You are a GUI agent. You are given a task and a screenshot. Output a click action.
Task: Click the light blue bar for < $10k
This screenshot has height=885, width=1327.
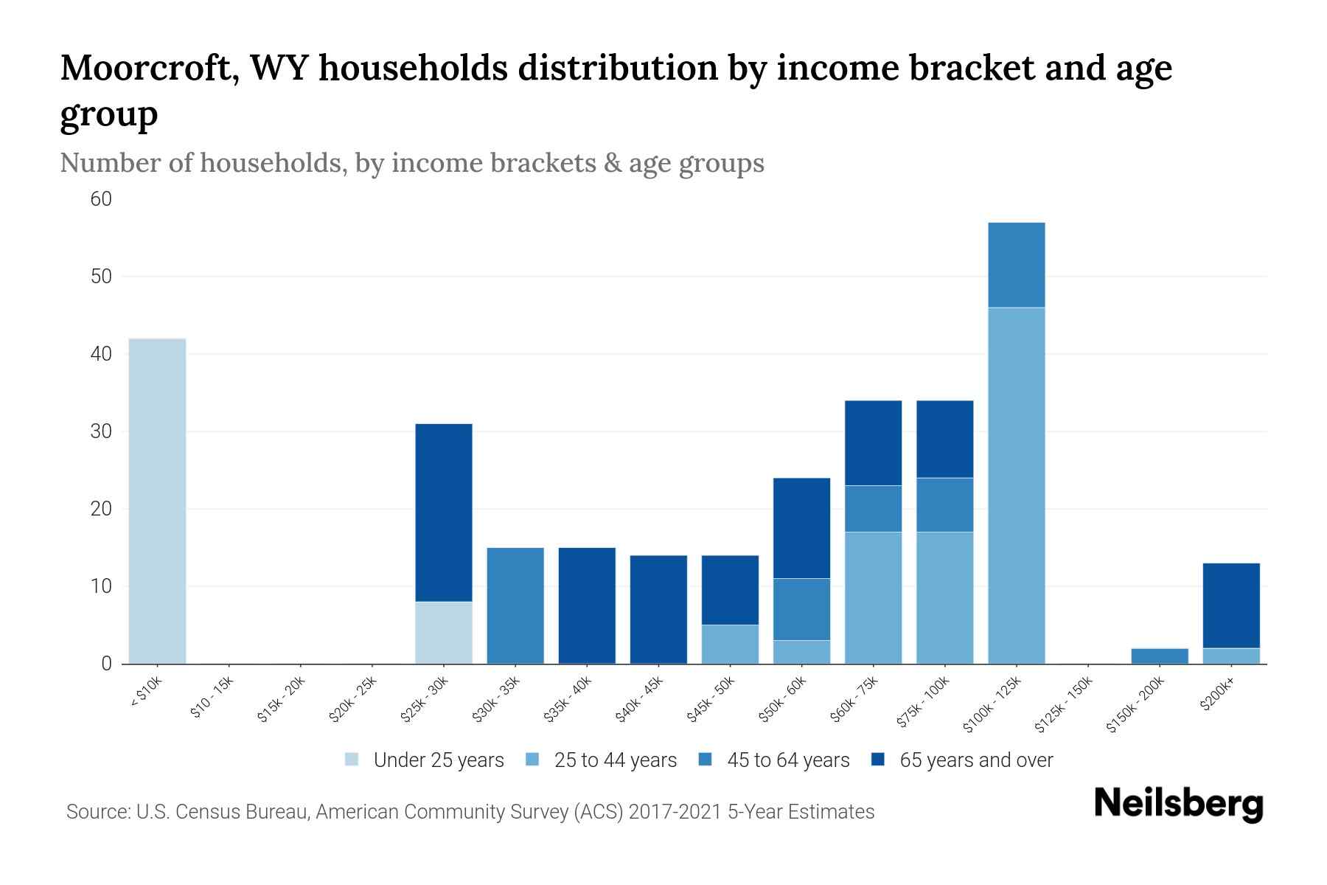pyautogui.click(x=157, y=502)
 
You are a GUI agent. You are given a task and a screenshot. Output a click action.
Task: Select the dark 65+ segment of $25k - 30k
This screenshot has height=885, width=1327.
pyautogui.click(x=444, y=513)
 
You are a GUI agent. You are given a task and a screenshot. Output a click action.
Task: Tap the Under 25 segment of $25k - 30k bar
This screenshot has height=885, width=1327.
pyautogui.click(x=444, y=633)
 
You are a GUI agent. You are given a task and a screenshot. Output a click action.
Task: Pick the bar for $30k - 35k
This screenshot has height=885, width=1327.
pyautogui.click(x=515, y=605)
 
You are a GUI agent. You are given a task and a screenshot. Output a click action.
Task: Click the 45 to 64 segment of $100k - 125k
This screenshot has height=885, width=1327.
pyautogui.click(x=1016, y=265)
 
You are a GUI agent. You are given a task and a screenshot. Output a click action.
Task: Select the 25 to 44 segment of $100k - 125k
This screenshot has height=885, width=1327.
pyautogui.click(x=1016, y=485)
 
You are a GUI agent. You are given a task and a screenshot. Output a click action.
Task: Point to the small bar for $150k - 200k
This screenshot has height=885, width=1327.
pyautogui.click(x=1160, y=656)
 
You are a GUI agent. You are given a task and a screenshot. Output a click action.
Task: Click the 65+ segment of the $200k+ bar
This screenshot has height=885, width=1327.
pyautogui.click(x=1231, y=605)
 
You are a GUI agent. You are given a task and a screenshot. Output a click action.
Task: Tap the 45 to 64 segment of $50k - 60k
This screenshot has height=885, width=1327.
pyautogui.click(x=801, y=609)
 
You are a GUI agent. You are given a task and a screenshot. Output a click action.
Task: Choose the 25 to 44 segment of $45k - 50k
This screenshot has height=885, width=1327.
pyautogui.click(x=730, y=644)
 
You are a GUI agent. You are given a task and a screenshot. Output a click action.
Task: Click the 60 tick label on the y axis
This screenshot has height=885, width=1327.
pyautogui.click(x=101, y=199)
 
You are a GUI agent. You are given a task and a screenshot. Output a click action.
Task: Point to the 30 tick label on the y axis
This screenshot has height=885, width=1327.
pyautogui.click(x=101, y=431)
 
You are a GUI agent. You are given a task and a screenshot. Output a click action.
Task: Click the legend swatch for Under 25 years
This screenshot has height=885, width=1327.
pyautogui.click(x=352, y=760)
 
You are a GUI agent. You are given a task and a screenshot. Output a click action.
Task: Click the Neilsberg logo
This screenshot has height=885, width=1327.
pyautogui.click(x=1178, y=804)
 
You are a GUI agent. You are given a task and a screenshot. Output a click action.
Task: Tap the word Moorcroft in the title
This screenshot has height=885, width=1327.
pyautogui.click(x=148, y=68)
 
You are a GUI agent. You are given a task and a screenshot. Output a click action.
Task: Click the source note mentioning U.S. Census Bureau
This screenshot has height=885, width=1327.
pyautogui.click(x=470, y=812)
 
